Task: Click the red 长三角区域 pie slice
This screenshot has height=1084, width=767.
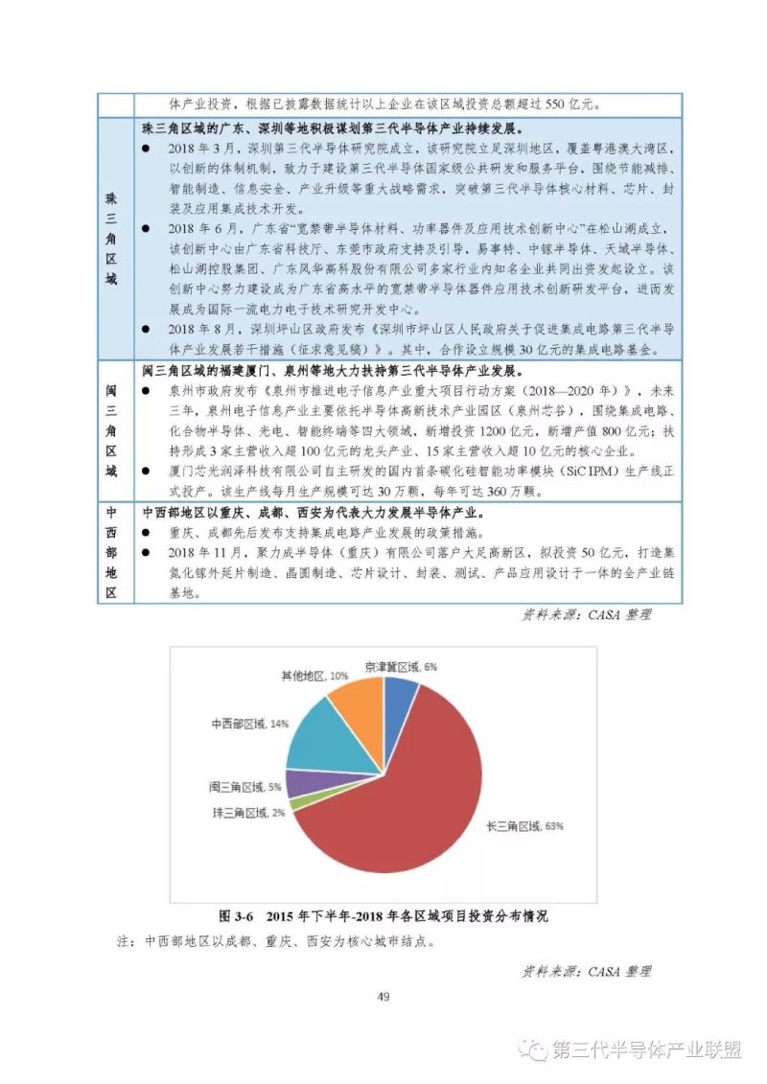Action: [x=422, y=786]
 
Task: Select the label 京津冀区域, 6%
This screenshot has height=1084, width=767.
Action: [x=401, y=666]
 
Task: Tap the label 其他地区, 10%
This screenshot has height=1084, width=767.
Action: [x=314, y=676]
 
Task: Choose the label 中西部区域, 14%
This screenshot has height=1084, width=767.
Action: [x=249, y=722]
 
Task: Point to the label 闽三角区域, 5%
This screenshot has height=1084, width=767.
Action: [x=244, y=787]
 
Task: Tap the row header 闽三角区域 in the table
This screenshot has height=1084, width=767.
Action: [x=111, y=429]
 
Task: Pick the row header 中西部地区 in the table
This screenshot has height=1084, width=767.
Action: [x=111, y=552]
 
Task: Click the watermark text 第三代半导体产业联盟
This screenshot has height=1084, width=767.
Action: [x=648, y=1049]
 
